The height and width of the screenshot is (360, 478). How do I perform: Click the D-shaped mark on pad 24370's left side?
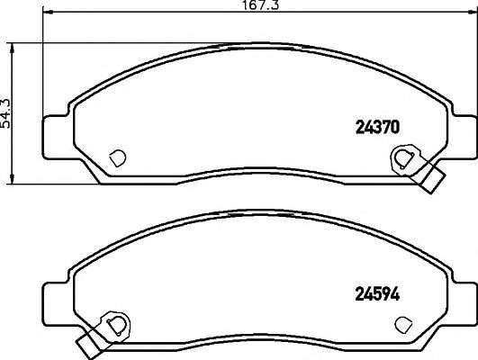(x=115, y=157)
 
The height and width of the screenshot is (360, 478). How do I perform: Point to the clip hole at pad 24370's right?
(x=401, y=159)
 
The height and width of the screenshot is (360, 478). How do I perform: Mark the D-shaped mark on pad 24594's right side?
(x=402, y=322)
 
